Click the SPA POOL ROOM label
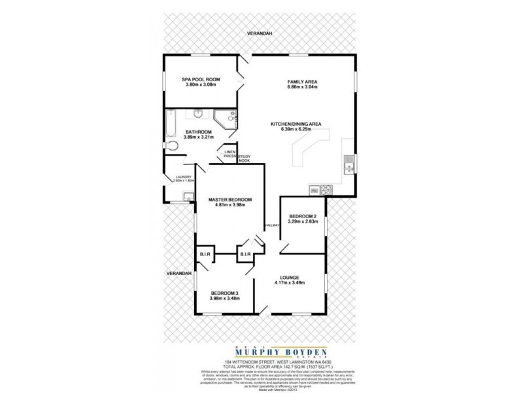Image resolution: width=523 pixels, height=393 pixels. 201,79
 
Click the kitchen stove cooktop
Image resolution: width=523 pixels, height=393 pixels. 327,190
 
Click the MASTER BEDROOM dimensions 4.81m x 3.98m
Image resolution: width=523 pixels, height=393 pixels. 229,206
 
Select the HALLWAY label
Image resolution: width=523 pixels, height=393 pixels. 272,226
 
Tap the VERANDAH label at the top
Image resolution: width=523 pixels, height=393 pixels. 260,33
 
